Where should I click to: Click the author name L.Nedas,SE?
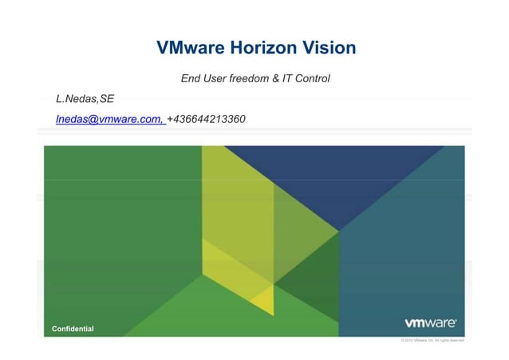pos(85,99)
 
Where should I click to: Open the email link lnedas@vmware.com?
pos(109,119)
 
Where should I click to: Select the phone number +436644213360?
pos(207,119)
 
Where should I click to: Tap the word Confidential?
pos(73,329)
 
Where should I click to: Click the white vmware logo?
pos(430,323)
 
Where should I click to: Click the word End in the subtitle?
pos(191,79)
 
